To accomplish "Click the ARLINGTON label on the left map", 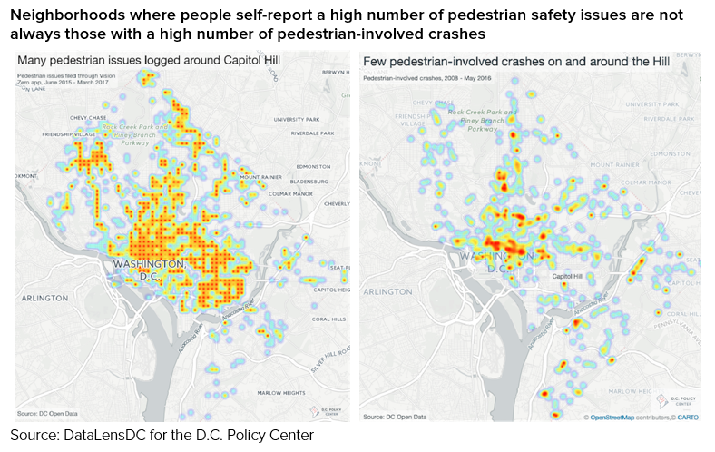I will pyautogui.click(x=45, y=298).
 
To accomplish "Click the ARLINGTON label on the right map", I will pyautogui.click(x=391, y=292).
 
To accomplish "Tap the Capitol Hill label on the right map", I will pyautogui.click(x=567, y=276).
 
